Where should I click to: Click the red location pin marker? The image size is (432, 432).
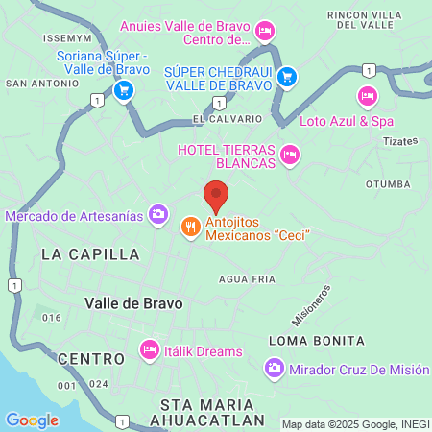[216, 196]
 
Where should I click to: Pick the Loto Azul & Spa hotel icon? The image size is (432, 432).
[366, 96]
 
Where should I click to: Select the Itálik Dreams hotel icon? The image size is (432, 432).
[149, 350]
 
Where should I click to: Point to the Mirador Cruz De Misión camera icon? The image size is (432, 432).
[275, 369]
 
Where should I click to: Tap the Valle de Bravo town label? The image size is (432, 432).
[133, 302]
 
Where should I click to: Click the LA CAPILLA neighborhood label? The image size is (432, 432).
[90, 254]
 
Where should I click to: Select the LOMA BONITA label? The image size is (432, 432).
[316, 341]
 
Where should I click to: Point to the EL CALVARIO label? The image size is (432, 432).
[228, 119]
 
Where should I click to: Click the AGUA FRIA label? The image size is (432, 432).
[247, 278]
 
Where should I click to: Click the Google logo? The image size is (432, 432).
[32, 420]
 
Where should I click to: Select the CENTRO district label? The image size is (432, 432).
[91, 358]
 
